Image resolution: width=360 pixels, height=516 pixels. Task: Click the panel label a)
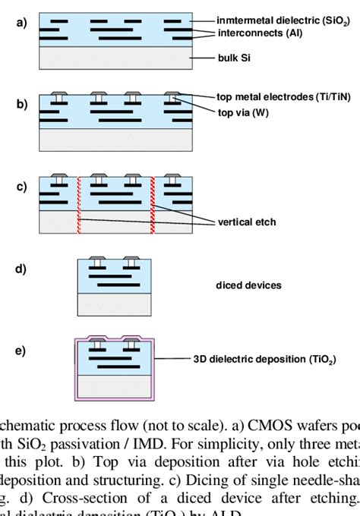[x=21, y=23]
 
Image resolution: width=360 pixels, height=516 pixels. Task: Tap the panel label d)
[x=21, y=269]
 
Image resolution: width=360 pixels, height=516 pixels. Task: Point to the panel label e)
[x=21, y=350]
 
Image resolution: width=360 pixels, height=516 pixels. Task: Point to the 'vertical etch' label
[x=247, y=222]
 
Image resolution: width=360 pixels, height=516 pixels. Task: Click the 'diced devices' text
[x=248, y=285]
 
